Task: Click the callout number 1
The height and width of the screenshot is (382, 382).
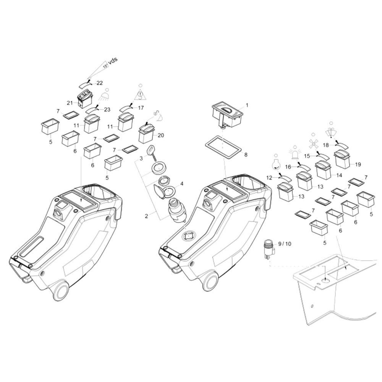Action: click(x=247, y=105)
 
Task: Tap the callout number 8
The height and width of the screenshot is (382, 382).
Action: click(x=246, y=155)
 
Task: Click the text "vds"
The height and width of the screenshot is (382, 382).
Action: click(x=113, y=60)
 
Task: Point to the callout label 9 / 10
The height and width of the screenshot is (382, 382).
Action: click(x=285, y=244)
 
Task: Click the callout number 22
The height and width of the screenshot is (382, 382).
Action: click(x=100, y=83)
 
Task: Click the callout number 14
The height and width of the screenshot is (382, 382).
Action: click(x=339, y=175)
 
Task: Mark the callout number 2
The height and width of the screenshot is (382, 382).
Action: click(x=146, y=216)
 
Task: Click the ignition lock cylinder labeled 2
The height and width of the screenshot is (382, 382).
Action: click(x=176, y=209)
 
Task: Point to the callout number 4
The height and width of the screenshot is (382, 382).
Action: click(x=181, y=184)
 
